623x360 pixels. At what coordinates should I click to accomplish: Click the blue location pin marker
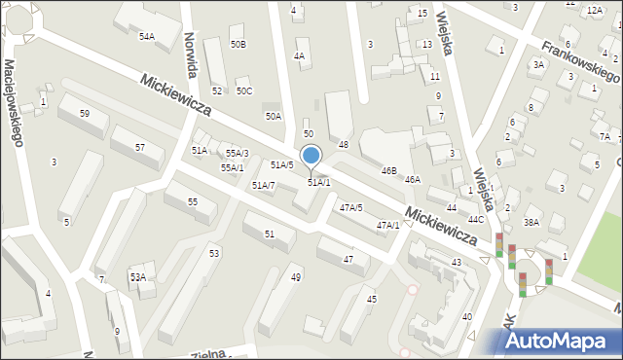311,157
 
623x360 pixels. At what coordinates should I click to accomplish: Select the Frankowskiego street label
581,61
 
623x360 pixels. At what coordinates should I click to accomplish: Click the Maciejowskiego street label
14,102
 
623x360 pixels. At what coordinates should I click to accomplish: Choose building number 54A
146,36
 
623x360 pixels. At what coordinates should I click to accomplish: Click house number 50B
238,45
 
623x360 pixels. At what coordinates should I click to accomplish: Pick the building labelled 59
86,114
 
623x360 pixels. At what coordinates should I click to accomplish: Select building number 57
140,147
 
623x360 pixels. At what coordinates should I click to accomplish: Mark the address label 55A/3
238,154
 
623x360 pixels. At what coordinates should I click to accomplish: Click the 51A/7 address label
263,185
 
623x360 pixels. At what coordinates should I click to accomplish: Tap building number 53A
138,277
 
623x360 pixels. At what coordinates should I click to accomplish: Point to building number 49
296,277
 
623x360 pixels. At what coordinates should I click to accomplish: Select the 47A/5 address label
350,207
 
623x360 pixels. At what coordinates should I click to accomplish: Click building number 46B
388,170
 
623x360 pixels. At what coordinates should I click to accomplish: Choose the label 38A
531,222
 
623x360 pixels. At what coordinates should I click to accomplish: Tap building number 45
371,299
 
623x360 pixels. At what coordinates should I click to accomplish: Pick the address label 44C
475,219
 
